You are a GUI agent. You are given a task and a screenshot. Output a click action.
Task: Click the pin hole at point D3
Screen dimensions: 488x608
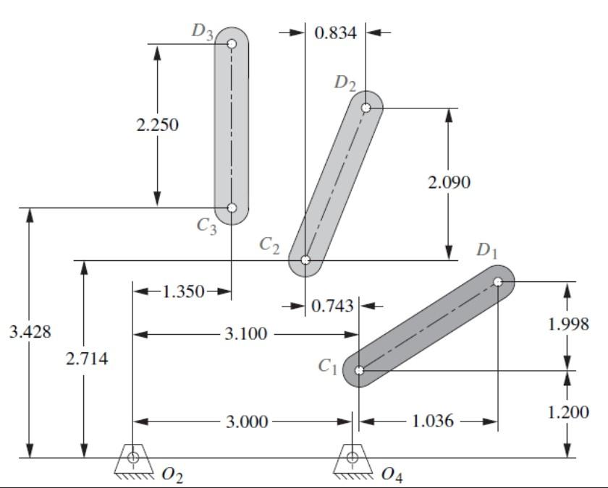[232, 43]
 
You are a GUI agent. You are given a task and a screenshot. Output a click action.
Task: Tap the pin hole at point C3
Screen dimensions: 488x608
[232, 208]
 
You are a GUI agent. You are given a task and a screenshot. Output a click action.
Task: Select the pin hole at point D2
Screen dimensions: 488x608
[367, 108]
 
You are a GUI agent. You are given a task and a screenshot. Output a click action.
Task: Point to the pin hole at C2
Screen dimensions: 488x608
[305, 260]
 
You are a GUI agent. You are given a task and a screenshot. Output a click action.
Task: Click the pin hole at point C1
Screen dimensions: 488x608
[359, 370]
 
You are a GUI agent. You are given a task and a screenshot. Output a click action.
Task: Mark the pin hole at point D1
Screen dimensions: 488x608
[498, 282]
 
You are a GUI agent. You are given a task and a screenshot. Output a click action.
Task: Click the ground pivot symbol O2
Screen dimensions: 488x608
[134, 458]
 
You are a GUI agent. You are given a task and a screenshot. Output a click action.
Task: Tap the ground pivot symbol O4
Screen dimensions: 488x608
[352, 458]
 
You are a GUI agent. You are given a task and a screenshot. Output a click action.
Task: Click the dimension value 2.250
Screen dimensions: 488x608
[157, 124]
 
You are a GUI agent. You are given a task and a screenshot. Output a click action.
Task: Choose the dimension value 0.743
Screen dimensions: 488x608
[333, 306]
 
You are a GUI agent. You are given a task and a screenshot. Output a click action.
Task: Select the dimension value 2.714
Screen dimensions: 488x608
[86, 359]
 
